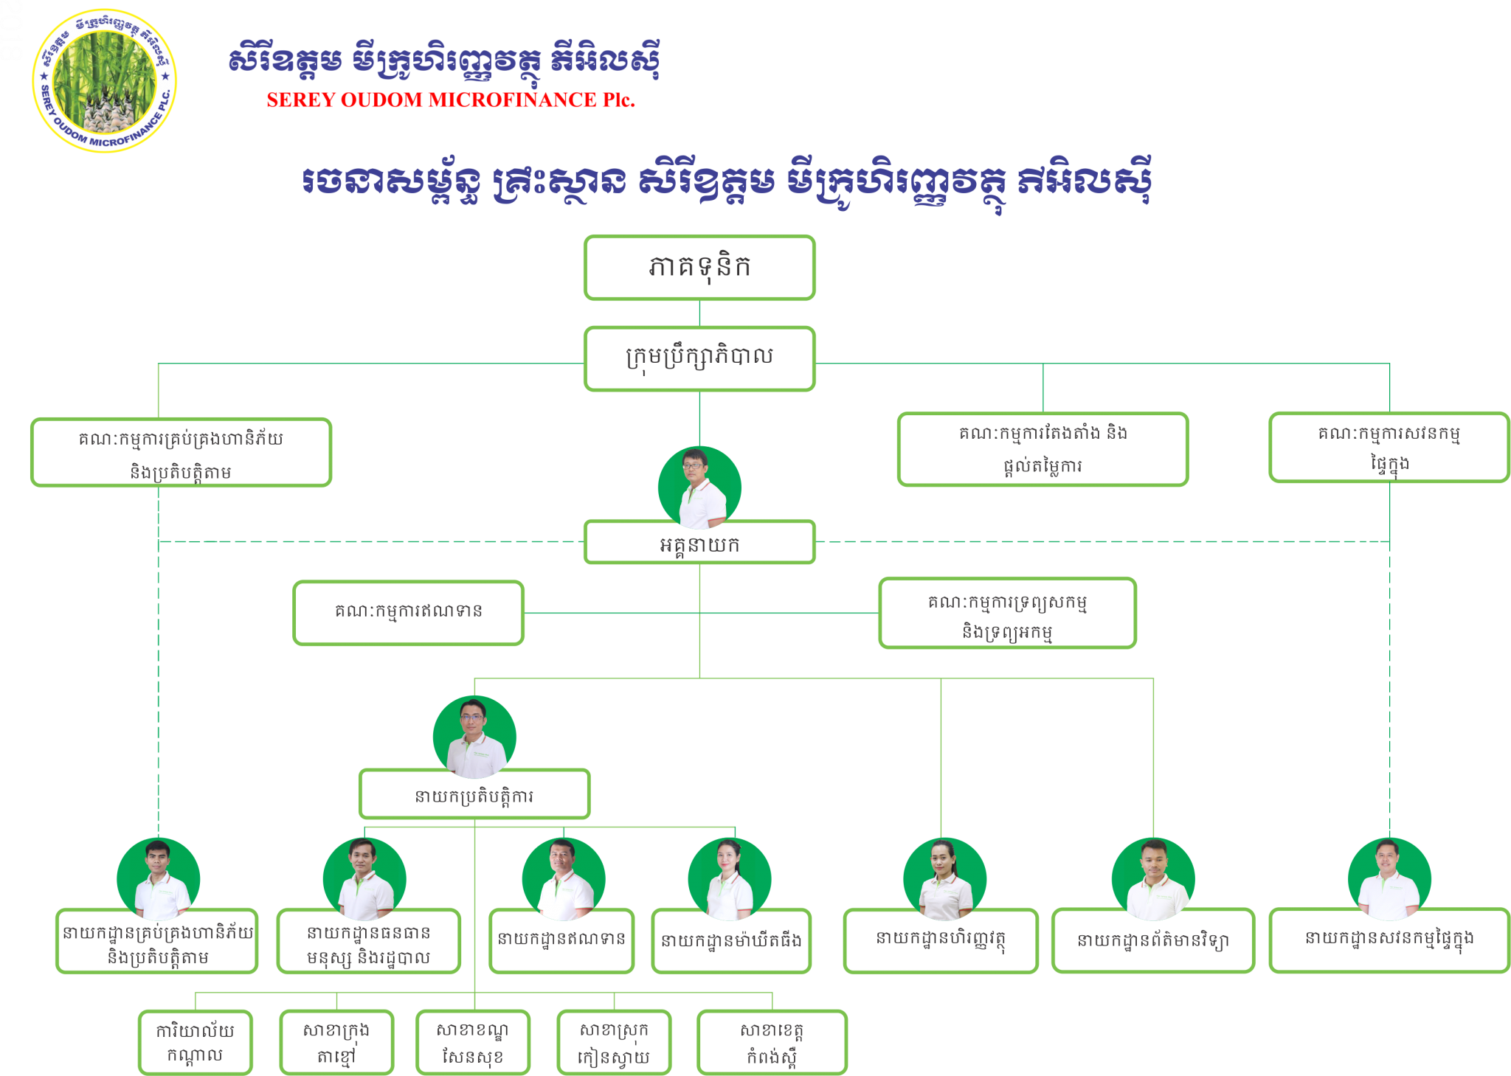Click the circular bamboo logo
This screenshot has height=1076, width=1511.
coord(105,80)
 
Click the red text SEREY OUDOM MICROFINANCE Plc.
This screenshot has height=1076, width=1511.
coord(450,100)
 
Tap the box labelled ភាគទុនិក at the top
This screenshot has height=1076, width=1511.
coord(699,268)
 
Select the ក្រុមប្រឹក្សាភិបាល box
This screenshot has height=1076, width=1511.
coord(699,358)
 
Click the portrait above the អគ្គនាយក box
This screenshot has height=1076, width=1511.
coord(699,487)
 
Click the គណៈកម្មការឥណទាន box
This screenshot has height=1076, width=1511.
coord(408,612)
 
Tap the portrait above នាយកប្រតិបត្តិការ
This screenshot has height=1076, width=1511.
coord(474,736)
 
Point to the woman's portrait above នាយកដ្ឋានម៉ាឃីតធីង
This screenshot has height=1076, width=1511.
coord(729,878)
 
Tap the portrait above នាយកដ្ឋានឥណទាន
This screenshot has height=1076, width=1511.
coord(563,878)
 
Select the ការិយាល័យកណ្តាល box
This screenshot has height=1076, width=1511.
coord(195,1041)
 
